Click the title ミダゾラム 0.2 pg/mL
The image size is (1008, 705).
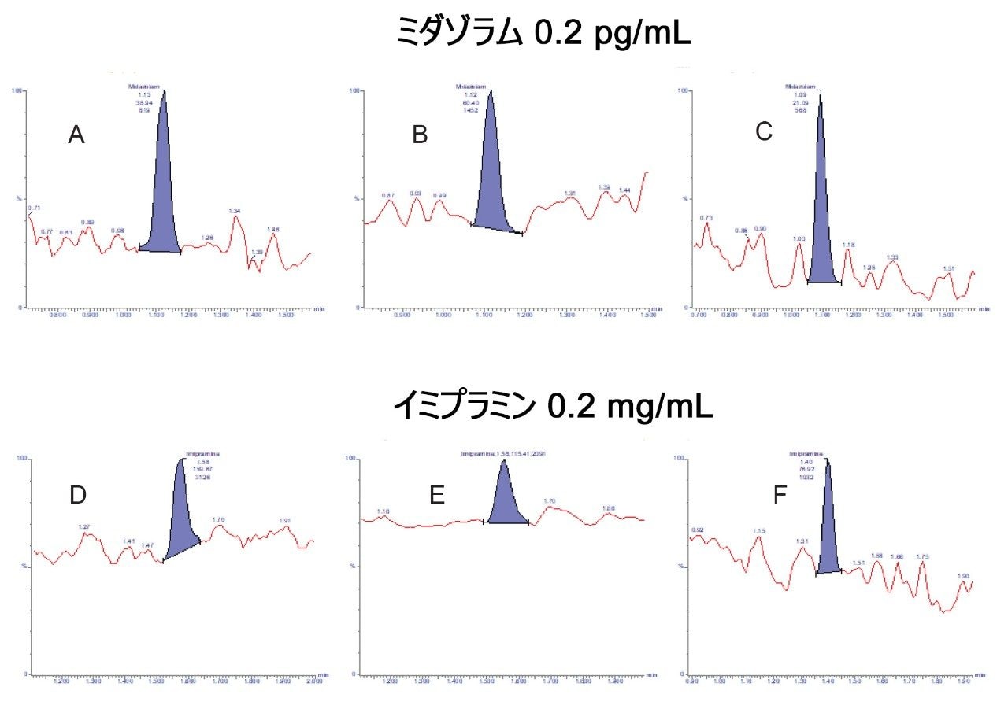[x=543, y=34]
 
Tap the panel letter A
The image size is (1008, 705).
[x=76, y=136]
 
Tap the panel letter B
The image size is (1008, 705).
[x=420, y=135]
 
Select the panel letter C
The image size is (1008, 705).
[x=763, y=132]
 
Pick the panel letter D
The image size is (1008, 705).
[x=78, y=495]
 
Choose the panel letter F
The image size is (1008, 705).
[x=780, y=496]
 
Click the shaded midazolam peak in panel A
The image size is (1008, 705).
[x=163, y=197]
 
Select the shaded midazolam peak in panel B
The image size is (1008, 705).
[x=492, y=181]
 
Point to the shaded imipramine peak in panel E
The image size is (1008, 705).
[x=506, y=500]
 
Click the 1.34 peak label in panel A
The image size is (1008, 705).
[x=234, y=211]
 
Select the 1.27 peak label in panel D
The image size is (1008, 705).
[x=85, y=526]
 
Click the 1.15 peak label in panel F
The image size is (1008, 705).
[x=758, y=531]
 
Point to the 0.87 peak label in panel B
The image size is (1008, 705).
[x=387, y=195]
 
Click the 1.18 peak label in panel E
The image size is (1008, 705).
[x=384, y=511]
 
